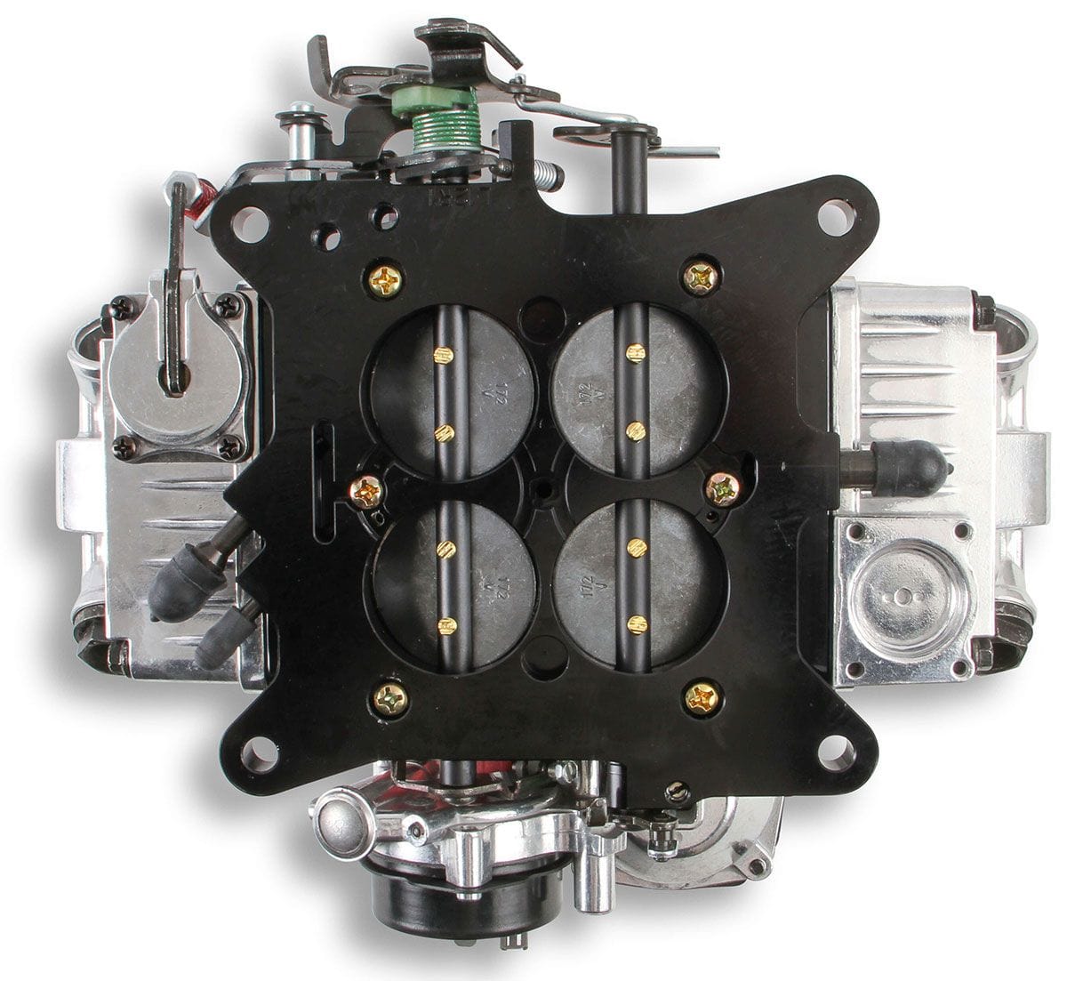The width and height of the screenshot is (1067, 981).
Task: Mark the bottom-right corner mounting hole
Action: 835,752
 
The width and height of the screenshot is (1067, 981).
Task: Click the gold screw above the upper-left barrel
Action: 387,281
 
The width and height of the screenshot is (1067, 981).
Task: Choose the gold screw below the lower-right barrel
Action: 702,696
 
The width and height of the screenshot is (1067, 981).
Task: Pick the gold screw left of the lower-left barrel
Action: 365,491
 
